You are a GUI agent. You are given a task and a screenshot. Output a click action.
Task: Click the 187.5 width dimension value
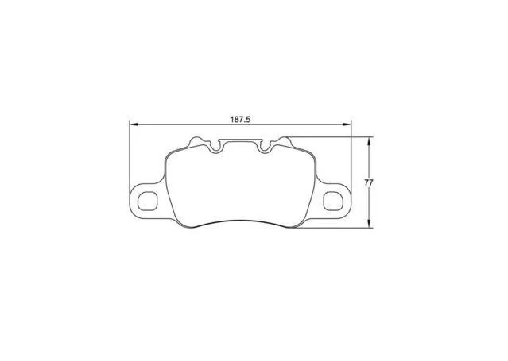click(x=240, y=119)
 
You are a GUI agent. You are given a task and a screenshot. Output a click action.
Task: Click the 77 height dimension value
click(x=369, y=182)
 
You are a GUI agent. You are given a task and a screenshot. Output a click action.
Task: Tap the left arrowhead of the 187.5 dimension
click(x=134, y=125)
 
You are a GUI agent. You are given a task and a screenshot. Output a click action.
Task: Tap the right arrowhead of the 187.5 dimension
click(x=347, y=125)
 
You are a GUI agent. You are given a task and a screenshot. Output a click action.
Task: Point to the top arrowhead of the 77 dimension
click(x=369, y=141)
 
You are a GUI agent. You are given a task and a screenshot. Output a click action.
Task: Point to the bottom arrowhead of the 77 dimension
click(x=369, y=223)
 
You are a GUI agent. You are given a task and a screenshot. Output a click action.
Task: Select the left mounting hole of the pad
click(x=147, y=201)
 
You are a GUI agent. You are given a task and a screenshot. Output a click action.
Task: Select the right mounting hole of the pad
click(x=333, y=201)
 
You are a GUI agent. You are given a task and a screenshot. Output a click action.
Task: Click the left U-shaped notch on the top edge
click(x=216, y=148)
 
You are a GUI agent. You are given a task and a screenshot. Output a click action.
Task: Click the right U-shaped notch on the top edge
click(x=265, y=148)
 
